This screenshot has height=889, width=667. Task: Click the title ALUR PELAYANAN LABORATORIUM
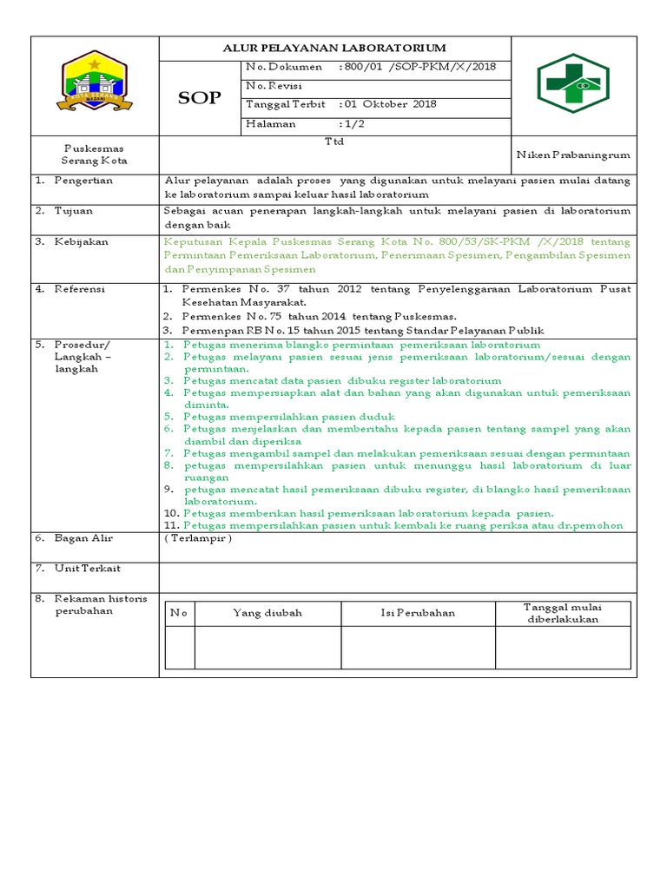[x=334, y=49]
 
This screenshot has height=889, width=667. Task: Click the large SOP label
[x=199, y=98]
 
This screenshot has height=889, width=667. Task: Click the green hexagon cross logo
[x=572, y=85]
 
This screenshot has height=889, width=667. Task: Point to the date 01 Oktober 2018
[x=392, y=104]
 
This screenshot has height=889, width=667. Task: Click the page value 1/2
[x=353, y=123]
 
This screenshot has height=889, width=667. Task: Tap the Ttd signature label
[x=334, y=142]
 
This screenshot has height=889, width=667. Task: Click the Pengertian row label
[x=83, y=181]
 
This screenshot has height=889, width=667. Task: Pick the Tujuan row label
[x=75, y=211]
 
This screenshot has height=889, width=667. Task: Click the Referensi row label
[x=81, y=289]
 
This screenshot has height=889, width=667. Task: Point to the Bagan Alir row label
[x=83, y=537]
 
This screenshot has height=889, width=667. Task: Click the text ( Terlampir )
[x=198, y=537]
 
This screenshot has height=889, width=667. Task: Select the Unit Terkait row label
[x=87, y=568]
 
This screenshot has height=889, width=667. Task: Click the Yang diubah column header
[x=267, y=613]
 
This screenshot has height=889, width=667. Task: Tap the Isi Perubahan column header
[x=418, y=613]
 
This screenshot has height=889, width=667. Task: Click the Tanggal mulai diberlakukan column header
[x=562, y=613]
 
